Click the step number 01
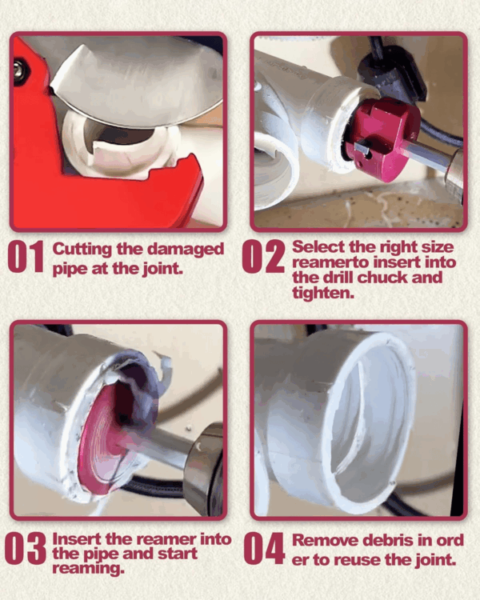click(x=26, y=257)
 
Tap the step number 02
click(x=263, y=256)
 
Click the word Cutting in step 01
click(x=82, y=250)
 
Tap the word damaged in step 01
click(x=186, y=250)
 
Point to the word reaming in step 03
click(x=89, y=569)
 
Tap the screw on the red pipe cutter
click(x=18, y=69)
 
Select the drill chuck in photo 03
click(x=203, y=466)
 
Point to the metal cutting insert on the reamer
click(x=362, y=147)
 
